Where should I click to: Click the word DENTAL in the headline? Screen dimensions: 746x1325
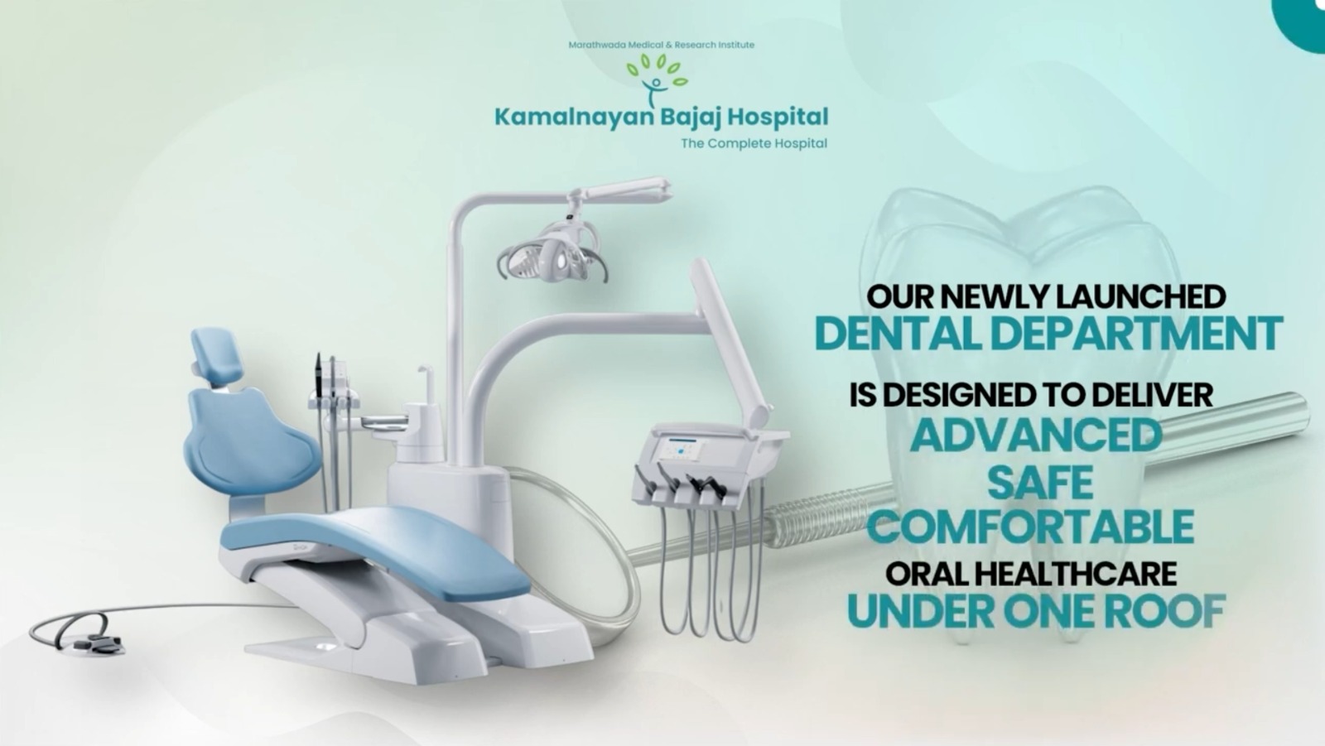pos(899,334)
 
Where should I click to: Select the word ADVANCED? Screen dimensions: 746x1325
pos(1036,436)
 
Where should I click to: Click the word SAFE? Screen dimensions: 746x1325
pos(1041,482)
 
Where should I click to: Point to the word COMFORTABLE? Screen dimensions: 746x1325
pos(1031,527)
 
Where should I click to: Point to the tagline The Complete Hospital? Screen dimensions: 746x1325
pos(754,143)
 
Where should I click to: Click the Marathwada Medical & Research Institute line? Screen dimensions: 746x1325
pos(661,45)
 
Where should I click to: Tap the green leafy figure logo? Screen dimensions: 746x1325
pos(657,79)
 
